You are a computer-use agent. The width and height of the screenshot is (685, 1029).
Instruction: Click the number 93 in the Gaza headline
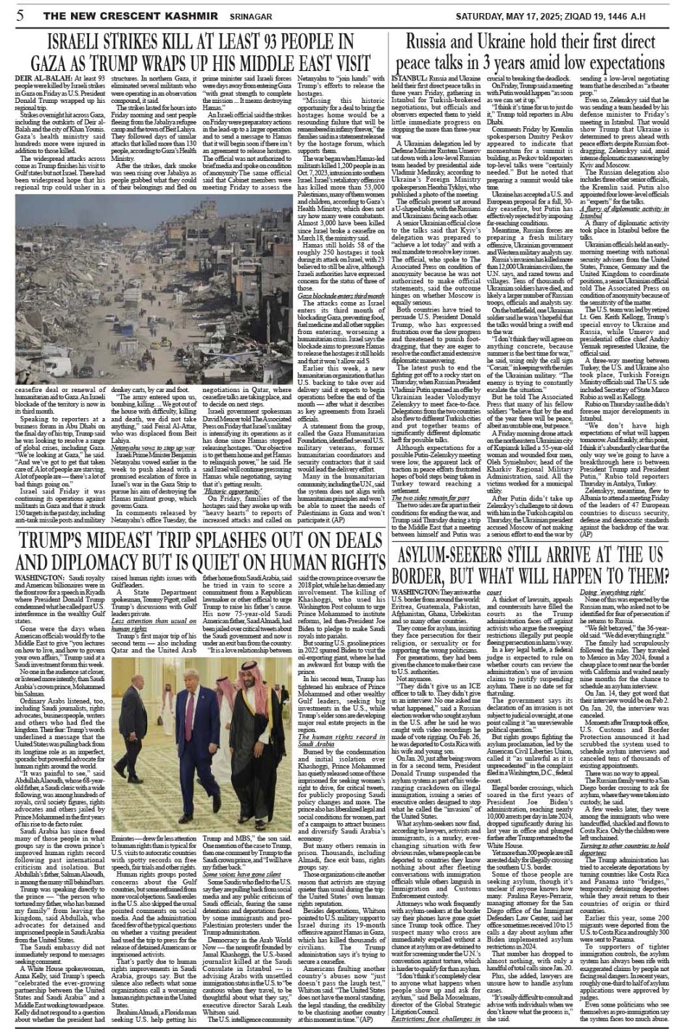(x=281, y=43)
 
